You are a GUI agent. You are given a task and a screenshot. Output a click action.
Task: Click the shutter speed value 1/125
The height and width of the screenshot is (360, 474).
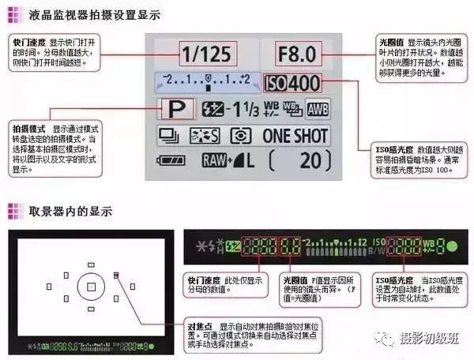(x=207, y=54)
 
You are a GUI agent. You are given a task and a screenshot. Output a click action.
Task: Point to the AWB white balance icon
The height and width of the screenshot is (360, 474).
(x=318, y=110)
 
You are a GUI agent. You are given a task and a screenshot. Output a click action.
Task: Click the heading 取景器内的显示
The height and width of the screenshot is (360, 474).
(x=70, y=211)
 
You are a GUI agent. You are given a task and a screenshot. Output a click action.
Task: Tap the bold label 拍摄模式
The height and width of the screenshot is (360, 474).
(x=28, y=127)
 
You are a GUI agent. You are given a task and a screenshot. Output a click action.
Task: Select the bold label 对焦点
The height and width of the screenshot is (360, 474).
(x=198, y=325)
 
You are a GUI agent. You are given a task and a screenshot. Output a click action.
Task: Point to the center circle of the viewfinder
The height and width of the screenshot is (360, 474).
(x=92, y=286)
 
